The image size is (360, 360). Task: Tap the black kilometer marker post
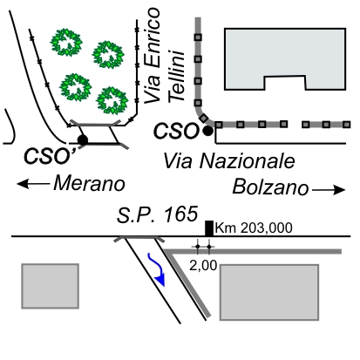209,228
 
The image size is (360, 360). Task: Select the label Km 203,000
254,228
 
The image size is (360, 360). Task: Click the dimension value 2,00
203,266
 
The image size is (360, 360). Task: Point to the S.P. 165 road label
157,214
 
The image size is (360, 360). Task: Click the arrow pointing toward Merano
33,184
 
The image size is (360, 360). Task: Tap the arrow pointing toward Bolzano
329,190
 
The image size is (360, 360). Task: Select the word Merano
89,184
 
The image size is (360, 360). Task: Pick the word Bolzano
270,187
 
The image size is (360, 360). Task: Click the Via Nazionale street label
229,160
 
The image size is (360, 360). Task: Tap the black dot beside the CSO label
207,131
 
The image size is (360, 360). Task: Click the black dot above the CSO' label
83,140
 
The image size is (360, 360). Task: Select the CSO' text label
50,156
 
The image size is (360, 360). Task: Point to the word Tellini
177,77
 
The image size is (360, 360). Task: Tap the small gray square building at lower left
51,286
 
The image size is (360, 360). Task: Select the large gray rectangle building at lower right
269,292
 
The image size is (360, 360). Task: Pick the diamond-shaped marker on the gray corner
204,118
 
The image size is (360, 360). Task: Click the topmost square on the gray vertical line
198,37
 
